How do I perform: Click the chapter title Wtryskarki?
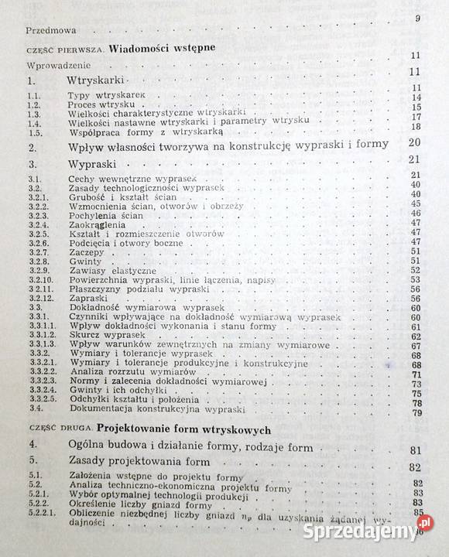96,80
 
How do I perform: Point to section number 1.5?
33,132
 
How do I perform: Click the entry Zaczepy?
86,251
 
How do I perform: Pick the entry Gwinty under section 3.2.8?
84,261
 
